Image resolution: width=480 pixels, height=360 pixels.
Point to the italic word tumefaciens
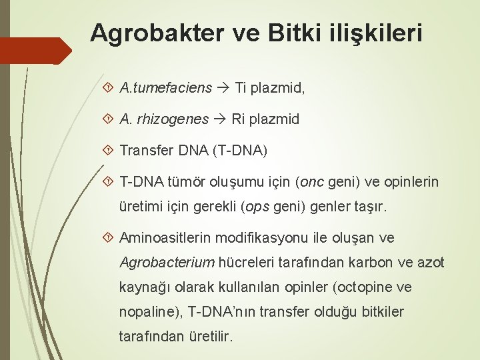[178, 87]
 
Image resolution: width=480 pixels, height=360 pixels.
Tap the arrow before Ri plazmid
[220, 119]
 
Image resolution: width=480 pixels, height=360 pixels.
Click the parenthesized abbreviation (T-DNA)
[239, 151]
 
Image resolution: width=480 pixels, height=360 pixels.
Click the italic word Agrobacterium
[157, 263]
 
